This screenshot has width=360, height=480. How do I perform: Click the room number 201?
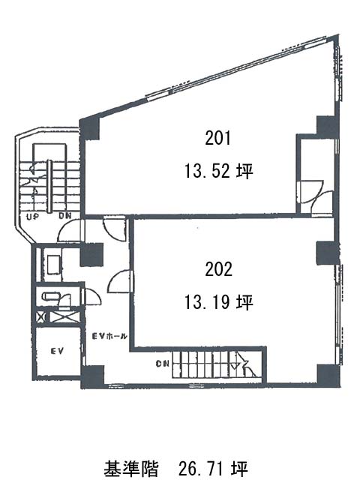[218, 138]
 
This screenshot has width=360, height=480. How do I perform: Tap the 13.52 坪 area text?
[218, 171]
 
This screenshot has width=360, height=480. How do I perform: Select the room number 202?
[218, 269]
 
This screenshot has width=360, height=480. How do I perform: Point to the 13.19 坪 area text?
[218, 302]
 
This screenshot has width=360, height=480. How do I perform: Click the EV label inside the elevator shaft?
[57, 350]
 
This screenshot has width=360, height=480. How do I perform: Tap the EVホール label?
[109, 336]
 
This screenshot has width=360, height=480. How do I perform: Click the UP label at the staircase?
[32, 217]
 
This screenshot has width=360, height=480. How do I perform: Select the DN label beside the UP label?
[65, 216]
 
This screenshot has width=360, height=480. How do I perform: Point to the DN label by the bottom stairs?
[162, 364]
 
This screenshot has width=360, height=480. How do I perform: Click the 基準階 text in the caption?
[131, 468]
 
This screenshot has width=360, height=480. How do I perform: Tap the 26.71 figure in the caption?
[203, 469]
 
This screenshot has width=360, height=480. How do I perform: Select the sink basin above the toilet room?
[54, 265]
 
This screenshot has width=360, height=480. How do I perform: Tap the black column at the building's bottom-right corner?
[328, 375]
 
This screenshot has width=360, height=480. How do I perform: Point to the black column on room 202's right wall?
[328, 253]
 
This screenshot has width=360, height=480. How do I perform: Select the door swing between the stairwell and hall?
[69, 231]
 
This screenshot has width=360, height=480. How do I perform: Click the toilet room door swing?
[92, 296]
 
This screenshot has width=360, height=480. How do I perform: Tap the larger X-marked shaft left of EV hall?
[64, 316]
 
